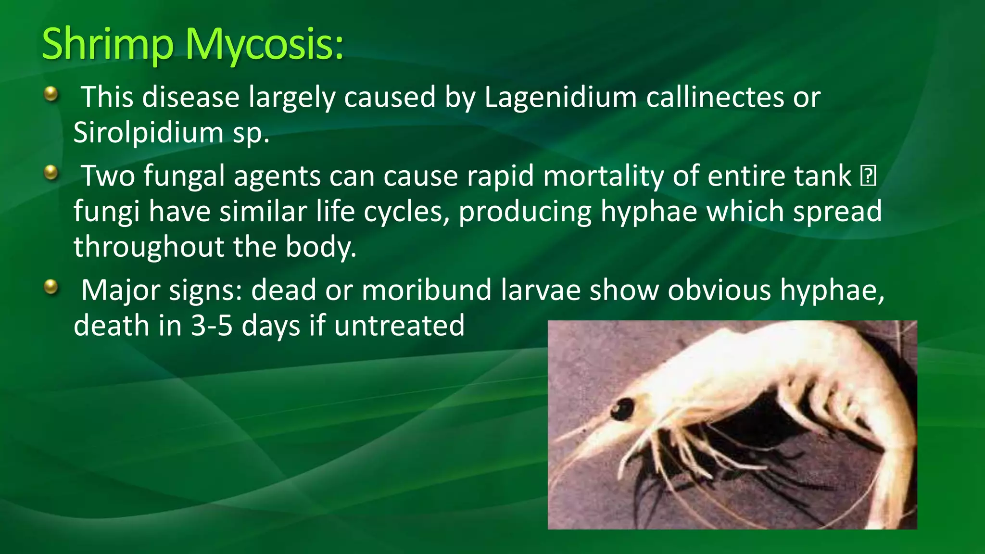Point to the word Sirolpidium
(148, 132)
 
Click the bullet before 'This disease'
(51, 94)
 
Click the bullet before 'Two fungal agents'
(51, 172)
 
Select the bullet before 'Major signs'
(51, 287)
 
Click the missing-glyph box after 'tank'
(868, 176)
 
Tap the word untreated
(399, 326)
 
